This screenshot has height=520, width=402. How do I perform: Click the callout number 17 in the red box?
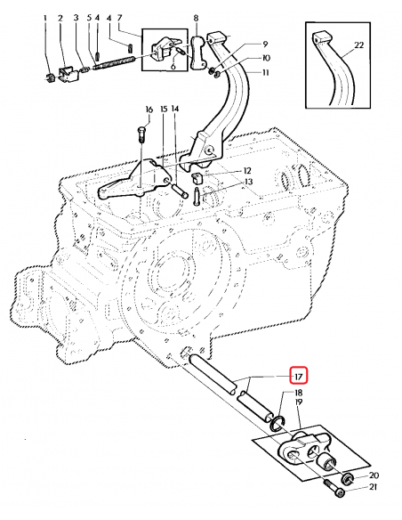pyautogui.click(x=299, y=376)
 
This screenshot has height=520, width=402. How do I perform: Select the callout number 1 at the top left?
pyautogui.click(x=45, y=18)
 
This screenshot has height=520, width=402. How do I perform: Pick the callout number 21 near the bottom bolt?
pyautogui.click(x=374, y=488)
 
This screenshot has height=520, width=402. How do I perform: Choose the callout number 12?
pyautogui.click(x=247, y=170)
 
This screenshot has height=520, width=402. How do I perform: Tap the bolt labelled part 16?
pyautogui.click(x=141, y=134)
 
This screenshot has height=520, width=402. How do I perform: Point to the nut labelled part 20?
pyautogui.click(x=348, y=482)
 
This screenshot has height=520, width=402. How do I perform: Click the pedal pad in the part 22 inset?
pyautogui.click(x=321, y=37)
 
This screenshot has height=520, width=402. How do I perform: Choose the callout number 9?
pyautogui.click(x=264, y=44)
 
